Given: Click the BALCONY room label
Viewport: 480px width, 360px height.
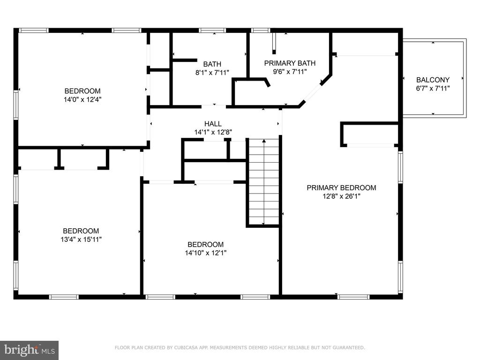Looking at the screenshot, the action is [433, 80].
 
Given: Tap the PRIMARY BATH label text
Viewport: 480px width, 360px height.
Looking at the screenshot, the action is [290, 63].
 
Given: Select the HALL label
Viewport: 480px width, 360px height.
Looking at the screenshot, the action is [213, 124].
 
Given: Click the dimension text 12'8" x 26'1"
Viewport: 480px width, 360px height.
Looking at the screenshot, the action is [341, 196].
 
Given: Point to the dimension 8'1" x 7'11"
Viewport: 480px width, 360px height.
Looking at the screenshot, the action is [212, 73].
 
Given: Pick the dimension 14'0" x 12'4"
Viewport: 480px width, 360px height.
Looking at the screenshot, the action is [82, 99].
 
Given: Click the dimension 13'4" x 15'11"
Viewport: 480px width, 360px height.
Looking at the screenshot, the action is [81, 240].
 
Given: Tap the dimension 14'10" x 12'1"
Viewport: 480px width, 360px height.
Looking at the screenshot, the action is [205, 253].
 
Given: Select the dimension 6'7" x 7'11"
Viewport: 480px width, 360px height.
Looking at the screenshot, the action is [433, 89].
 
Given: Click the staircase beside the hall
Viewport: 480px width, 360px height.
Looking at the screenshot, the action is [263, 182].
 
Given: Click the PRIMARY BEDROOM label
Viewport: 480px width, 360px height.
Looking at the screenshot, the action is [341, 187].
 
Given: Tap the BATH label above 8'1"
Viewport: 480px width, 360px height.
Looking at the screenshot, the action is [212, 64].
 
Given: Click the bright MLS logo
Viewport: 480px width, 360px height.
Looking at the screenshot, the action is [29, 350].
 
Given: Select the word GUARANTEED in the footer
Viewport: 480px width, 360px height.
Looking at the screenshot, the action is [347, 347].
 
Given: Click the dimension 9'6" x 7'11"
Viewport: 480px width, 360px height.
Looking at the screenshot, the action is [290, 72].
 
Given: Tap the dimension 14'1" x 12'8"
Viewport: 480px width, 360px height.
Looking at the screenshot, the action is [213, 133].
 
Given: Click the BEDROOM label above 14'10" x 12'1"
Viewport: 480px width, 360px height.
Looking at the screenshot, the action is [205, 244].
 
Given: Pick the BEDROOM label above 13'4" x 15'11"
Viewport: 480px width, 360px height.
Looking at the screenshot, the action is [81, 231].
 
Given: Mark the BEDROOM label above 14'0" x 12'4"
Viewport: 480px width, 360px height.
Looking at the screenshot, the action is [82, 91].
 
